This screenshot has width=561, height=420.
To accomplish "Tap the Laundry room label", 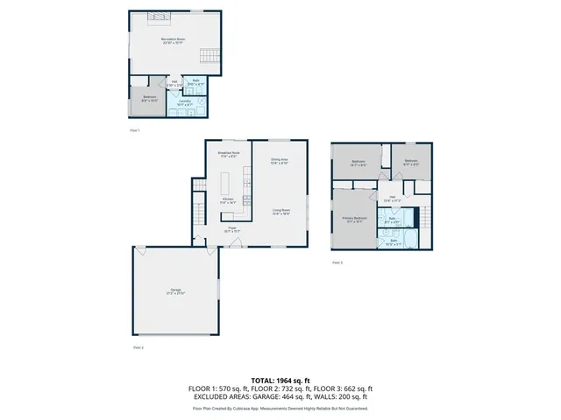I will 185,101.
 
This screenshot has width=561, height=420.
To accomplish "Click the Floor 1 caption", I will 135,130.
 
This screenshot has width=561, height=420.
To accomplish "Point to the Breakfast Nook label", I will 229,154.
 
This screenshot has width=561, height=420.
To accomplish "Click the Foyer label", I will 233,228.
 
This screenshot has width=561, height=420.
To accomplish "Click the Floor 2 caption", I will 138,347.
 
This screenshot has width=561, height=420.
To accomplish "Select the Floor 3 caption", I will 337,262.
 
